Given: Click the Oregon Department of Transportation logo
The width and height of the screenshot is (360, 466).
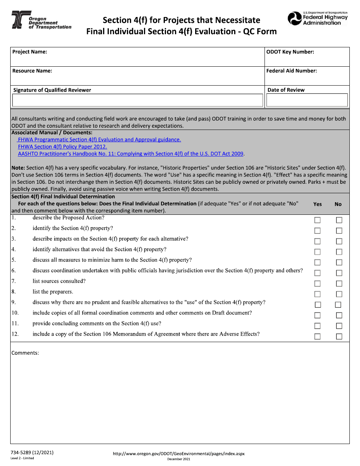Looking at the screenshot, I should (x=41, y=20).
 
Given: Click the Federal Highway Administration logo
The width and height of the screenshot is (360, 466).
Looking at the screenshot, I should (x=318, y=19).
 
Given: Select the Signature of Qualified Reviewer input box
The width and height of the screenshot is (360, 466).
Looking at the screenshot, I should (x=138, y=100).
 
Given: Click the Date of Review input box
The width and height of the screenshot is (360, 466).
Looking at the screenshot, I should (x=307, y=100).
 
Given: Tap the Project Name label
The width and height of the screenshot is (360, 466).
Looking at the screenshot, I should (x=30, y=52).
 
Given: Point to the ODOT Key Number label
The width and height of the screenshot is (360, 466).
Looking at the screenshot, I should (x=290, y=52).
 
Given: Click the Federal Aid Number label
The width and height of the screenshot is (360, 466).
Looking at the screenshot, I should (x=291, y=71).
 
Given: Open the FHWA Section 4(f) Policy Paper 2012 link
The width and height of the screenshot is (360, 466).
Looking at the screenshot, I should (x=63, y=147).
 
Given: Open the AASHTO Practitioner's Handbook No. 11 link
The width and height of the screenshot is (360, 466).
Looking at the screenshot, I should (x=131, y=154).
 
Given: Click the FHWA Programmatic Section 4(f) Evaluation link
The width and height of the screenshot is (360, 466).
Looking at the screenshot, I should (x=99, y=140).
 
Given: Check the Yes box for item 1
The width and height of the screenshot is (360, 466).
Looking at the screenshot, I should (x=317, y=220).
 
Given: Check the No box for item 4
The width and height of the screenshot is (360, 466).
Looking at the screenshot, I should (x=339, y=252).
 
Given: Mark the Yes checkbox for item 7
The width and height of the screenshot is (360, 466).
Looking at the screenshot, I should (x=317, y=284).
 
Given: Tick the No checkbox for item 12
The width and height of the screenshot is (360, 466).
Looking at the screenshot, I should (x=339, y=336).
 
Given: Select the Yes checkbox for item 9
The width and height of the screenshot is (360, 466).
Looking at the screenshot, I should (x=318, y=305).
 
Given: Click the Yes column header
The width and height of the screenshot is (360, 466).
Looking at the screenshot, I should (x=318, y=204).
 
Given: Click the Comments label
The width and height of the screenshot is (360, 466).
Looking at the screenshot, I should (x=25, y=353).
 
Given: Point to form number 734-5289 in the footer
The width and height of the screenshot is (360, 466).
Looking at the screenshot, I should (x=32, y=453).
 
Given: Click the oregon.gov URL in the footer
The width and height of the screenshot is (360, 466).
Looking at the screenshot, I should (x=179, y=454).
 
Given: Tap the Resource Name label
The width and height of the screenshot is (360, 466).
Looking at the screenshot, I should (x=32, y=71).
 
